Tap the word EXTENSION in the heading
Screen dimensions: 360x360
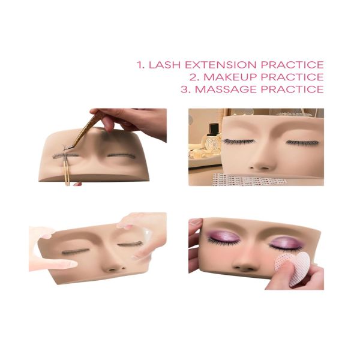pyautogui.click(x=221, y=65)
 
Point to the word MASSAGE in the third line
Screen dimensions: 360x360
pyautogui.click(x=226, y=89)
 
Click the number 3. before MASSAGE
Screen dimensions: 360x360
pyautogui.click(x=186, y=89)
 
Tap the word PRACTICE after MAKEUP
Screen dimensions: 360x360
pyautogui.click(x=292, y=77)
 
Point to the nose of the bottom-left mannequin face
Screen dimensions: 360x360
pyautogui.click(x=115, y=264)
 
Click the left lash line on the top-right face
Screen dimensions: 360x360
pyautogui.click(x=239, y=142)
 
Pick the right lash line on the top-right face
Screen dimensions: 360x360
pyautogui.click(x=302, y=143)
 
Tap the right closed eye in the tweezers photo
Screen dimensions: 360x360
pyautogui.click(x=121, y=156)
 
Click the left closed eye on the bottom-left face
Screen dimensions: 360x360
pyautogui.click(x=75, y=251)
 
